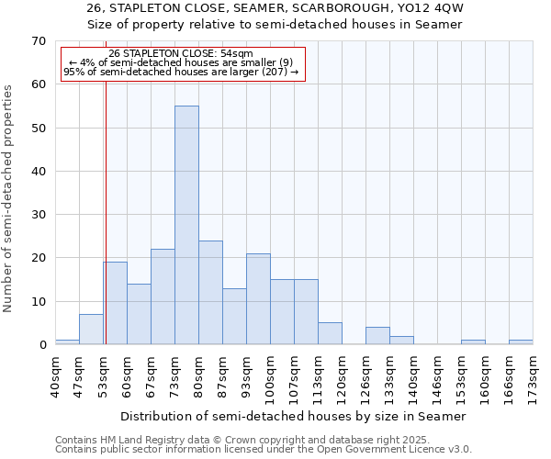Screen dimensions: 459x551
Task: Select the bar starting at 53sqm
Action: pyautogui.click(x=115, y=303)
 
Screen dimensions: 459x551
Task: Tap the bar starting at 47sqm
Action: pyautogui.click(x=91, y=330)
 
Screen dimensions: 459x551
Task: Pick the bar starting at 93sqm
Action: pyautogui.click(x=258, y=298)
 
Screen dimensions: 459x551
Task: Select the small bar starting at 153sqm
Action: pyautogui.click(x=473, y=342)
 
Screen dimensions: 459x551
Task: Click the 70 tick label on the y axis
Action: pyautogui.click(x=39, y=41)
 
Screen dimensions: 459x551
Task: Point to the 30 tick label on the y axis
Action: pyautogui.click(x=39, y=215)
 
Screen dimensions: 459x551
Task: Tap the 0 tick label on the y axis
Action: pyautogui.click(x=42, y=345)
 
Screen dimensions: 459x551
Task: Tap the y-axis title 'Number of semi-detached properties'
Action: pyautogui.click(x=8, y=198)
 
